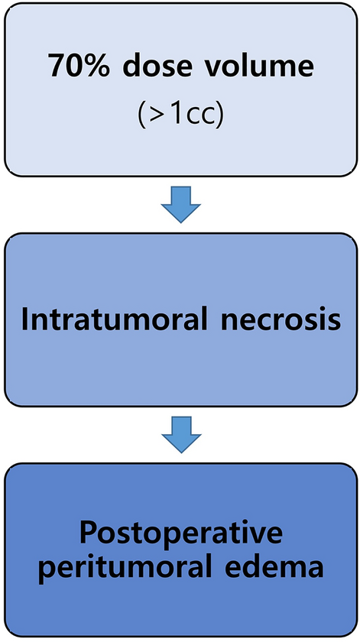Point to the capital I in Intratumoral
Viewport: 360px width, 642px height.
tap(27, 319)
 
